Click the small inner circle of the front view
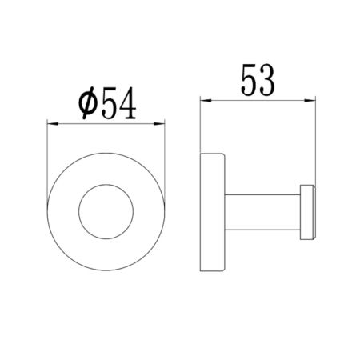tap(107, 210)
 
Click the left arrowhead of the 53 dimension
tap(202, 100)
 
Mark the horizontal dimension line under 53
tap(256, 100)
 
